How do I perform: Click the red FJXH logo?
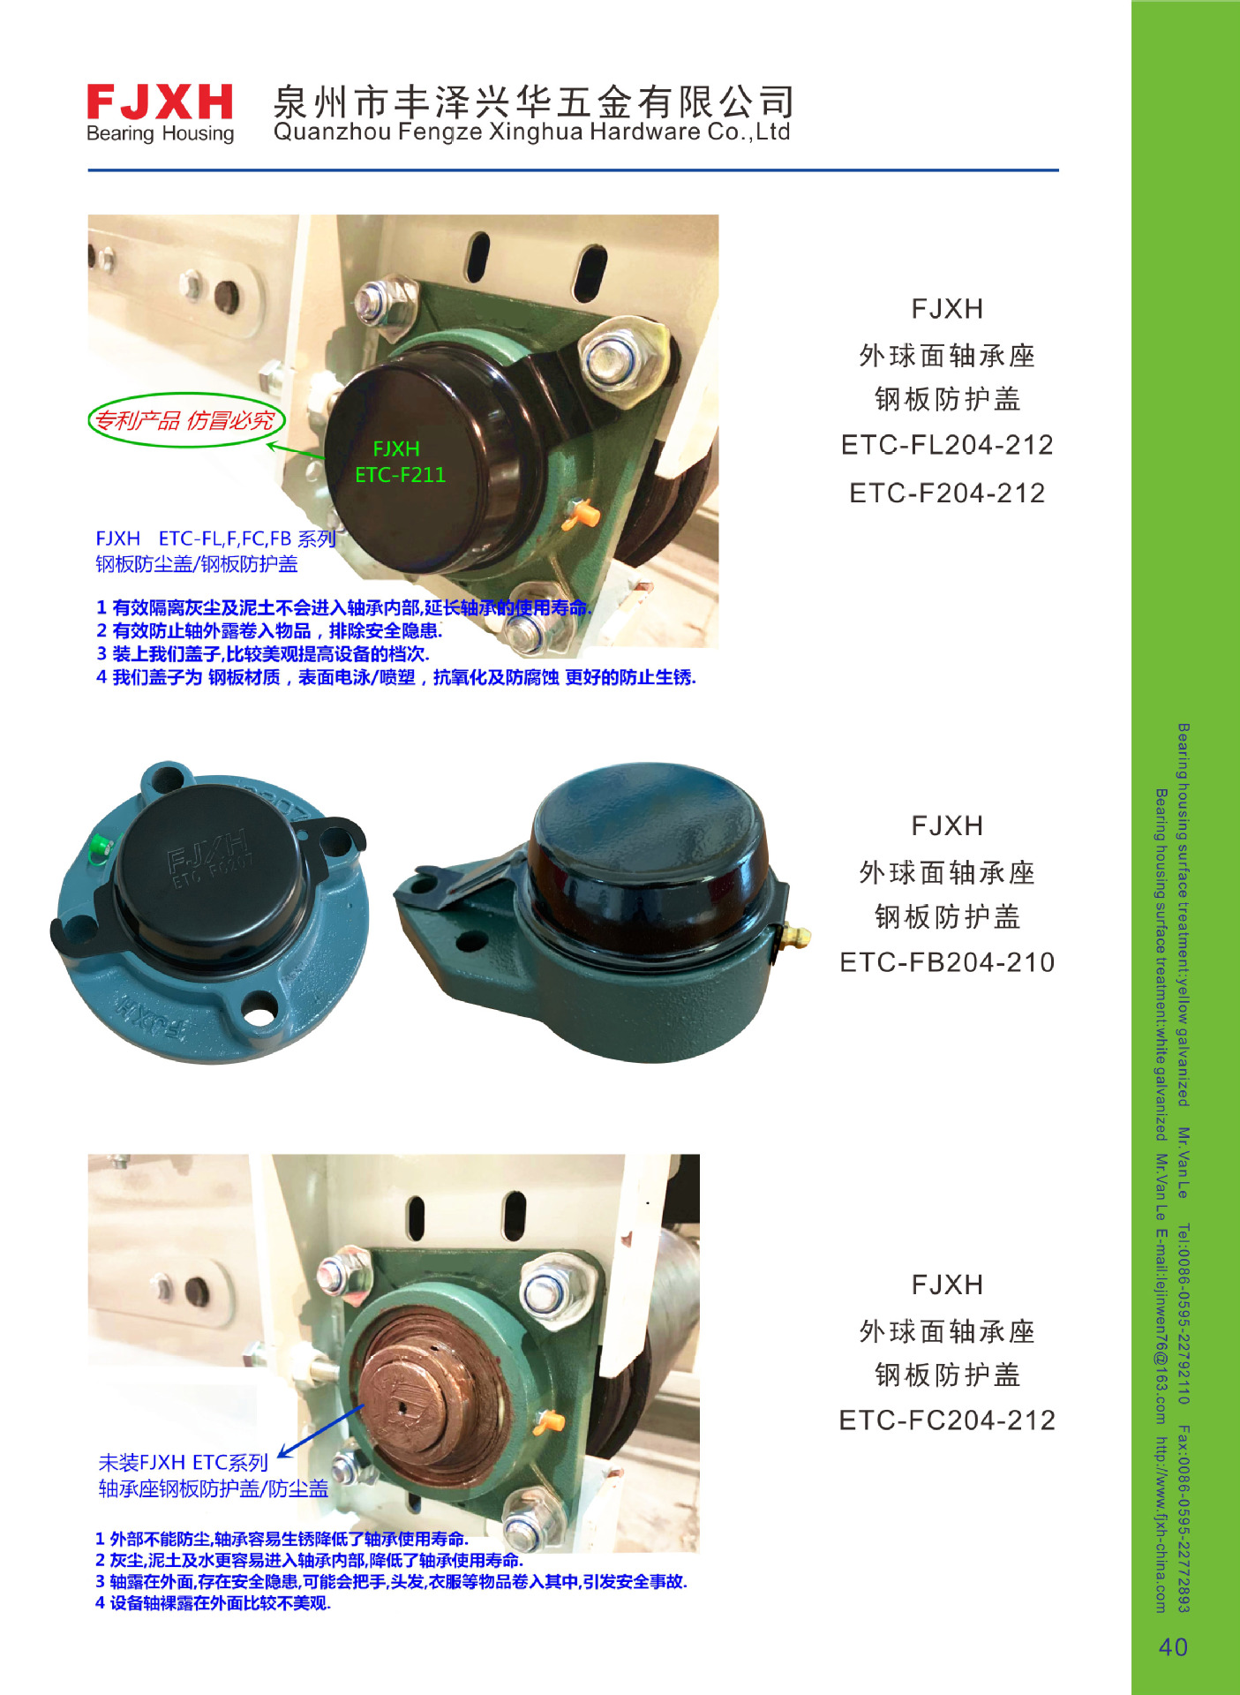pyautogui.click(x=160, y=102)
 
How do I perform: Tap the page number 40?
pyautogui.click(x=1173, y=1646)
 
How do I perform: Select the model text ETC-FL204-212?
pyautogui.click(x=947, y=445)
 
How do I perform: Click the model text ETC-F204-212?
pyautogui.click(x=947, y=493)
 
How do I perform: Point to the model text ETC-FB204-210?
pyautogui.click(x=947, y=962)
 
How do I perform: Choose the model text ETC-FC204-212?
pyautogui.click(x=947, y=1420)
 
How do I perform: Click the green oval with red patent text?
pyautogui.click(x=186, y=420)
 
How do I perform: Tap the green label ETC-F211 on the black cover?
pyautogui.click(x=400, y=475)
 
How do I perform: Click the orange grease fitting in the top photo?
pyautogui.click(x=582, y=513)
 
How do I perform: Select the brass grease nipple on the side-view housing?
pyautogui.click(x=796, y=934)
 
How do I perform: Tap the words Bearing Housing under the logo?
pyautogui.click(x=160, y=134)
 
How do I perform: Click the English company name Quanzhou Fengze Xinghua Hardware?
pyautogui.click(x=531, y=132)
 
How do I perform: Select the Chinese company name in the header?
pyautogui.click(x=533, y=102)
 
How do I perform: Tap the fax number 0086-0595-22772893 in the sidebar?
pyautogui.click(x=1184, y=1519)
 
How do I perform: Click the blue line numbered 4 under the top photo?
pyautogui.click(x=395, y=677)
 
